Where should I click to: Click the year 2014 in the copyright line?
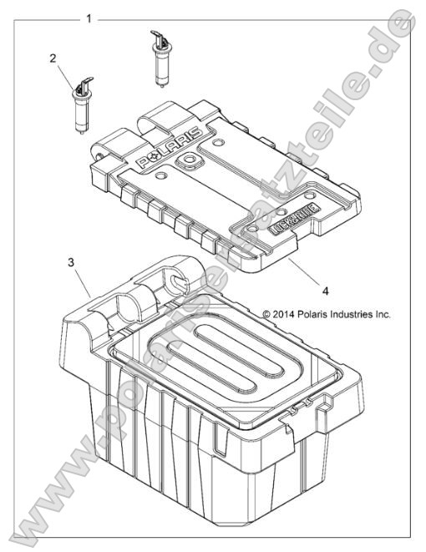click(x=287, y=315)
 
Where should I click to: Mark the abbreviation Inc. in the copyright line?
click(x=382, y=315)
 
